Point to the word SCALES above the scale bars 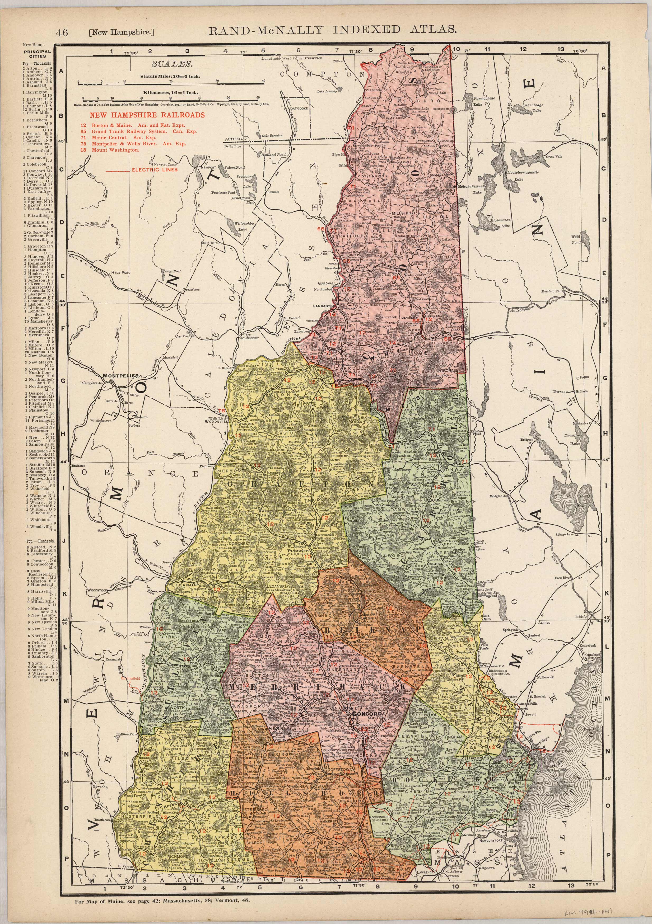171,64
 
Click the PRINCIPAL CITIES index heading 37,54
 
